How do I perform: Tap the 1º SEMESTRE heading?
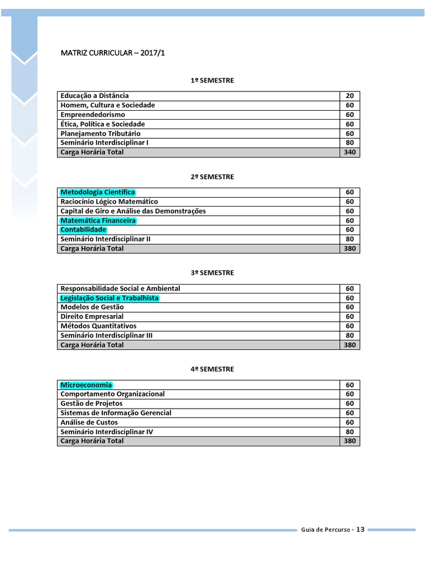212,80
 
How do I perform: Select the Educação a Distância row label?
95,96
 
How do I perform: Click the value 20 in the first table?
349,96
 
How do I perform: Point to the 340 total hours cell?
349,152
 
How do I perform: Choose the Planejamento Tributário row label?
101,133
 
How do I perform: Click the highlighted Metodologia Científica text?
97,192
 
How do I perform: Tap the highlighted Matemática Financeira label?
98,220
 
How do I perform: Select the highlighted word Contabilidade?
83,230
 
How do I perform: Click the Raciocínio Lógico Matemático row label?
109,202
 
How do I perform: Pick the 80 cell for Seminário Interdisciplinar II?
349,239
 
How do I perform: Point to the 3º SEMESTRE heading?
212,273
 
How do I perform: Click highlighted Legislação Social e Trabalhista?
110,298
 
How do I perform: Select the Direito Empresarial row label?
92,317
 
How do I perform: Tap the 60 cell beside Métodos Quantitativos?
349,326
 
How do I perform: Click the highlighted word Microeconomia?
86,385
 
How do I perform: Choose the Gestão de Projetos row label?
91,404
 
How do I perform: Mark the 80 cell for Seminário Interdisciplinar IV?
349,432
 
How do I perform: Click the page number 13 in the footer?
360,529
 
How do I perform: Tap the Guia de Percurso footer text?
325,530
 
